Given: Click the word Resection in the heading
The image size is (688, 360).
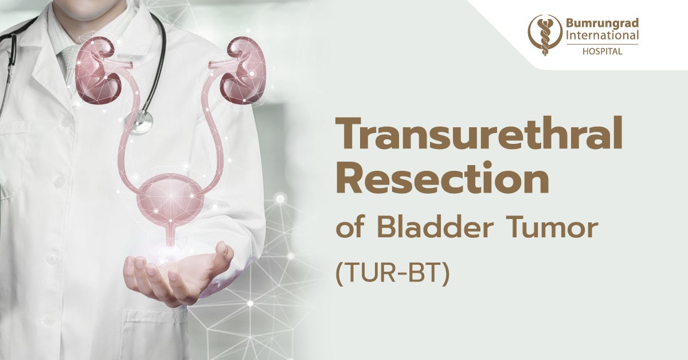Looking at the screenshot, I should [x=441, y=180].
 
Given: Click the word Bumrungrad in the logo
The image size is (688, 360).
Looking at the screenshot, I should [x=602, y=24].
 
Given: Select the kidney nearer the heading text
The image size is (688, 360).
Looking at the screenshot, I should [x=243, y=70].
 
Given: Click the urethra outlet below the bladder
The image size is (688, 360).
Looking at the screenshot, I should [x=170, y=237].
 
